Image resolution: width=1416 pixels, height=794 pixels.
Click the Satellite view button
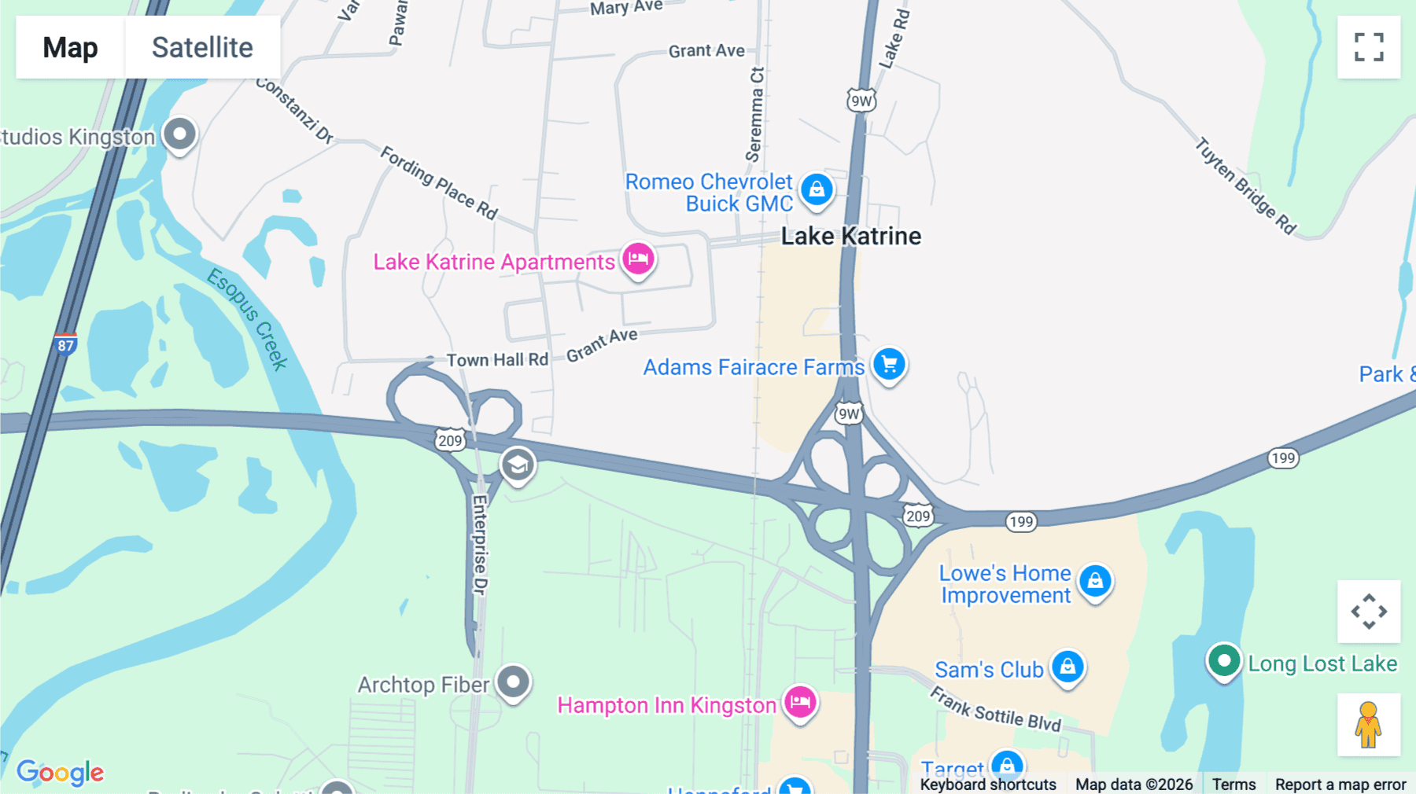point(202,47)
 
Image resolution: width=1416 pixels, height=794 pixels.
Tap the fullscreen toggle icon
point(1369,47)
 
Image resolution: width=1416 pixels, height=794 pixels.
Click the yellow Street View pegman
point(1369,725)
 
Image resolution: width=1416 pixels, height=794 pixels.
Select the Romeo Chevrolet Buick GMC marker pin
point(817,190)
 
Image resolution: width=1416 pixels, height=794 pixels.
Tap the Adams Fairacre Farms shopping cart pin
point(889,365)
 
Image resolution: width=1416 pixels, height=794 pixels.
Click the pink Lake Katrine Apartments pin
point(638,259)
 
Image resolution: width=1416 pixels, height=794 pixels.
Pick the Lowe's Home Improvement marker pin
point(1095,582)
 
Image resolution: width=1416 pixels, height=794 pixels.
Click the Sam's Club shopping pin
point(1068,667)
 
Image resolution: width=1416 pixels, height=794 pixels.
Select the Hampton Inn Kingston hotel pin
point(800,701)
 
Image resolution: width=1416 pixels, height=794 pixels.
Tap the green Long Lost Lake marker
point(1223,660)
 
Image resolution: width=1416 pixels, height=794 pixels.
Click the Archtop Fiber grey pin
point(514,682)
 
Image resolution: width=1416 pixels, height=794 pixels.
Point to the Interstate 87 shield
point(66,344)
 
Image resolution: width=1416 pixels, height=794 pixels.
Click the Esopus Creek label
point(248,318)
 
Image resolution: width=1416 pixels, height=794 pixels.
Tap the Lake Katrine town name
point(850,236)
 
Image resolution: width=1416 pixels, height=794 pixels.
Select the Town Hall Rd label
point(497,360)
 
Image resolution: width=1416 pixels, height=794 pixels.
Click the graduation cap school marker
point(518,465)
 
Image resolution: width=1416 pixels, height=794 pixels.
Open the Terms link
point(1233,784)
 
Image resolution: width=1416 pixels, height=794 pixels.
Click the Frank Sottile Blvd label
point(995,709)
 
